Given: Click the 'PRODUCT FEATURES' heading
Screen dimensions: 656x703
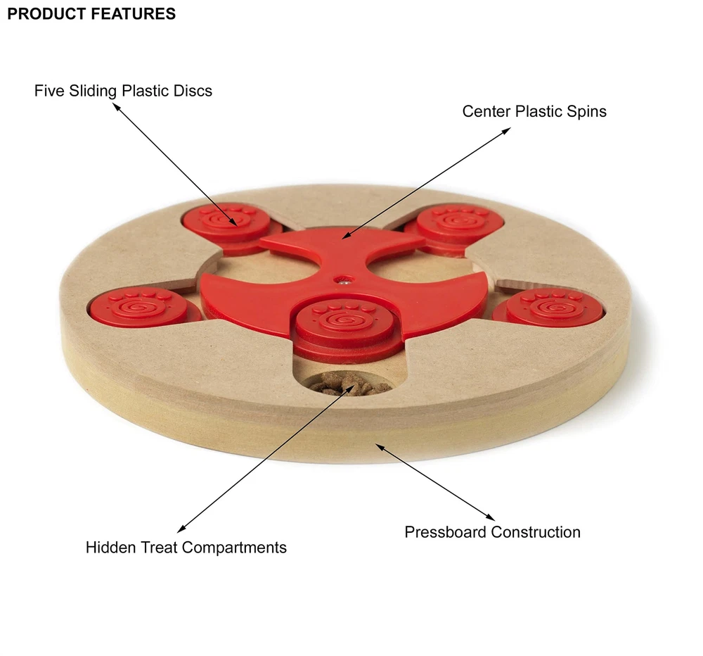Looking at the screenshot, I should (x=91, y=14).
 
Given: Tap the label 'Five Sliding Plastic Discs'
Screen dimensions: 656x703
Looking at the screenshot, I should (x=123, y=91).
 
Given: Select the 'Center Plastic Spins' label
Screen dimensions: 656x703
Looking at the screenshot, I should (x=534, y=111).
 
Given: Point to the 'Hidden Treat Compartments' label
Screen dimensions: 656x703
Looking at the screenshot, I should (x=186, y=547).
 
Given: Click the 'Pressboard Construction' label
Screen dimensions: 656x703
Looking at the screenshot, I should (x=492, y=532).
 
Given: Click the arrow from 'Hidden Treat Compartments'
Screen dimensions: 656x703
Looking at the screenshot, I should (x=260, y=461).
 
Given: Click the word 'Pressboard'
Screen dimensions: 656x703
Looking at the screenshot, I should (x=446, y=532).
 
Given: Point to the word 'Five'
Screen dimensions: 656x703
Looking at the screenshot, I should (x=48, y=91).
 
